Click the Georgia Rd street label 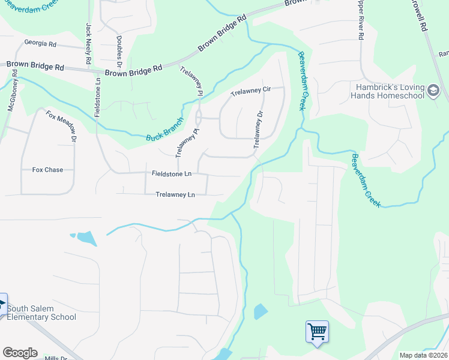[x=40, y=44]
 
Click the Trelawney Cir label [x=252, y=92]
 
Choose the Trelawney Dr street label [x=259, y=130]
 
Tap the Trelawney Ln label [x=175, y=195]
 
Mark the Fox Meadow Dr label [x=62, y=127]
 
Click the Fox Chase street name [x=47, y=170]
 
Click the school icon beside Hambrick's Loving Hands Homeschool [x=433, y=91]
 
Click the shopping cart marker [x=316, y=331]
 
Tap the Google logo [x=20, y=353]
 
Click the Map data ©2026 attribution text [x=424, y=355]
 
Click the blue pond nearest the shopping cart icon [x=261, y=311]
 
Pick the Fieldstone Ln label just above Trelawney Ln [x=172, y=173]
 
